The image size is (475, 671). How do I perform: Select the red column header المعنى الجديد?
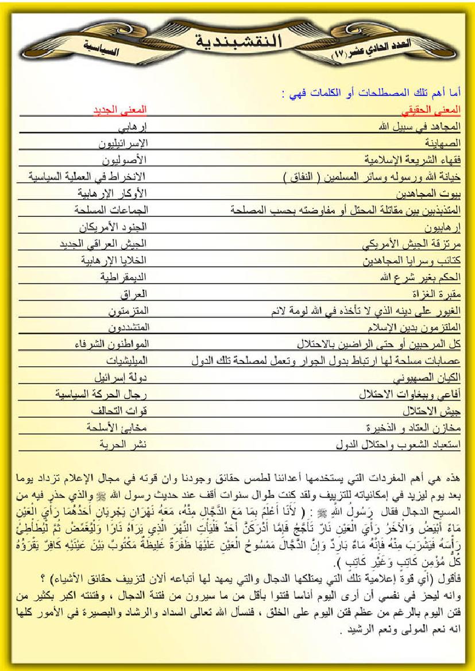coord(121,110)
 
